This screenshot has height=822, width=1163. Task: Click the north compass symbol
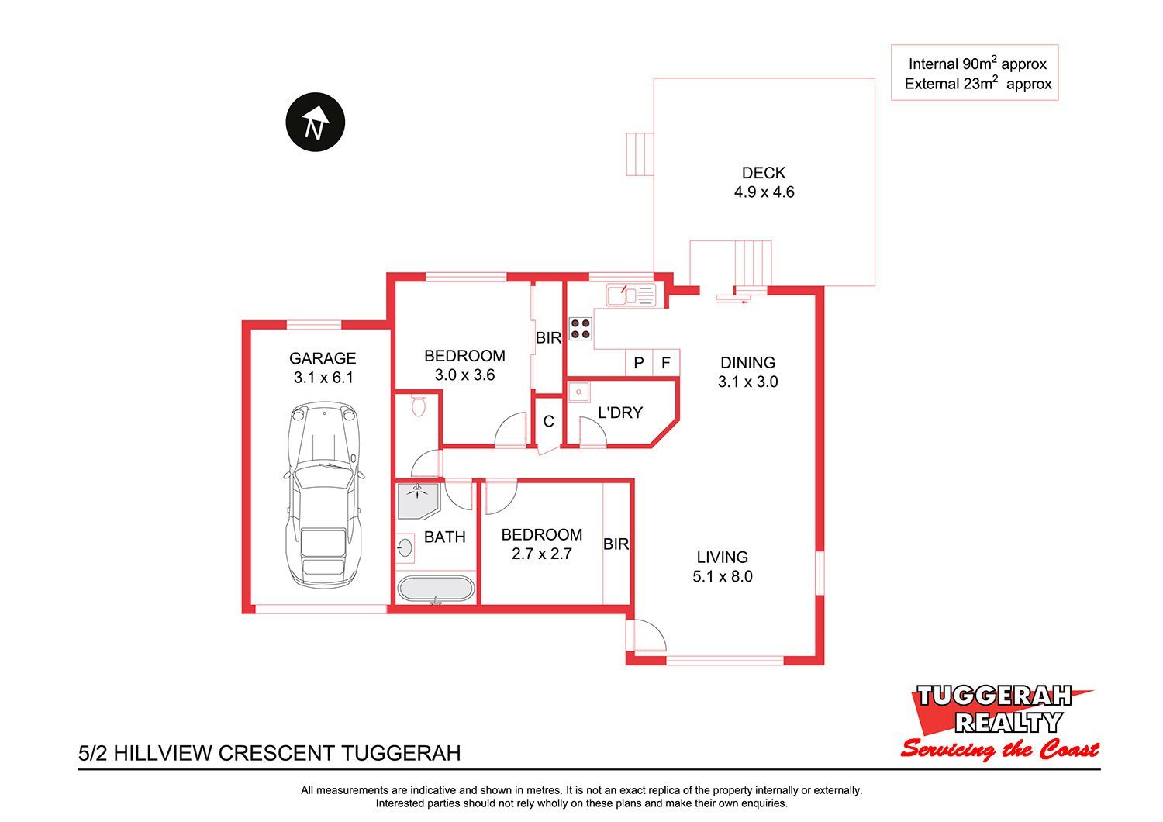(315, 122)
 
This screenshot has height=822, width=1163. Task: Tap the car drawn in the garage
(323, 494)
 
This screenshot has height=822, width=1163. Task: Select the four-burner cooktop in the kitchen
(581, 329)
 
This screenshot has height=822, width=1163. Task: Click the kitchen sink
(631, 295)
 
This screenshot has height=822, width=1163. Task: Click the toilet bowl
(419, 405)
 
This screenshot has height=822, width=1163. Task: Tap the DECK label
(763, 172)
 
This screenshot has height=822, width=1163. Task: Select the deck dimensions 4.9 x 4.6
(764, 192)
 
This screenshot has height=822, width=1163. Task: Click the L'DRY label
(620, 413)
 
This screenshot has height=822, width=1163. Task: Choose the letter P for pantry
(639, 363)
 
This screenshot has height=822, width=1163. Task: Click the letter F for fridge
(665, 363)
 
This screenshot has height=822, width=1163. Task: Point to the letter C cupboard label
(548, 421)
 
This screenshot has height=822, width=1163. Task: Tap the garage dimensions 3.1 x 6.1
(323, 378)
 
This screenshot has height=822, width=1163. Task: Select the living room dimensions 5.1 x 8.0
(722, 576)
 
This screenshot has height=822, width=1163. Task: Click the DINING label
(747, 362)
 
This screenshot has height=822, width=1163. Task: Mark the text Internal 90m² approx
(977, 64)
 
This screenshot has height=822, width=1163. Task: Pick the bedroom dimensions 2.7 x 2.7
(541, 554)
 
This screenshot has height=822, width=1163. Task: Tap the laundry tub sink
(578, 392)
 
